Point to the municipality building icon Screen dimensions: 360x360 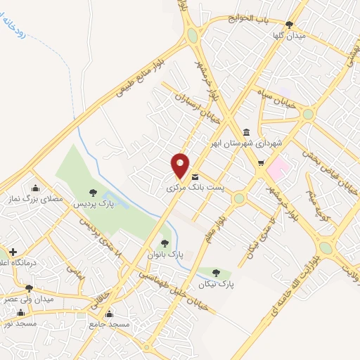point(245,131)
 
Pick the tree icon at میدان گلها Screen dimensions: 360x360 point(289,25)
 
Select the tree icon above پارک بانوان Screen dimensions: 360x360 point(165,243)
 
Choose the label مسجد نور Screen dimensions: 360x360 point(17,323)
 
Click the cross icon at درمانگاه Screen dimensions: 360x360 point(13,252)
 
